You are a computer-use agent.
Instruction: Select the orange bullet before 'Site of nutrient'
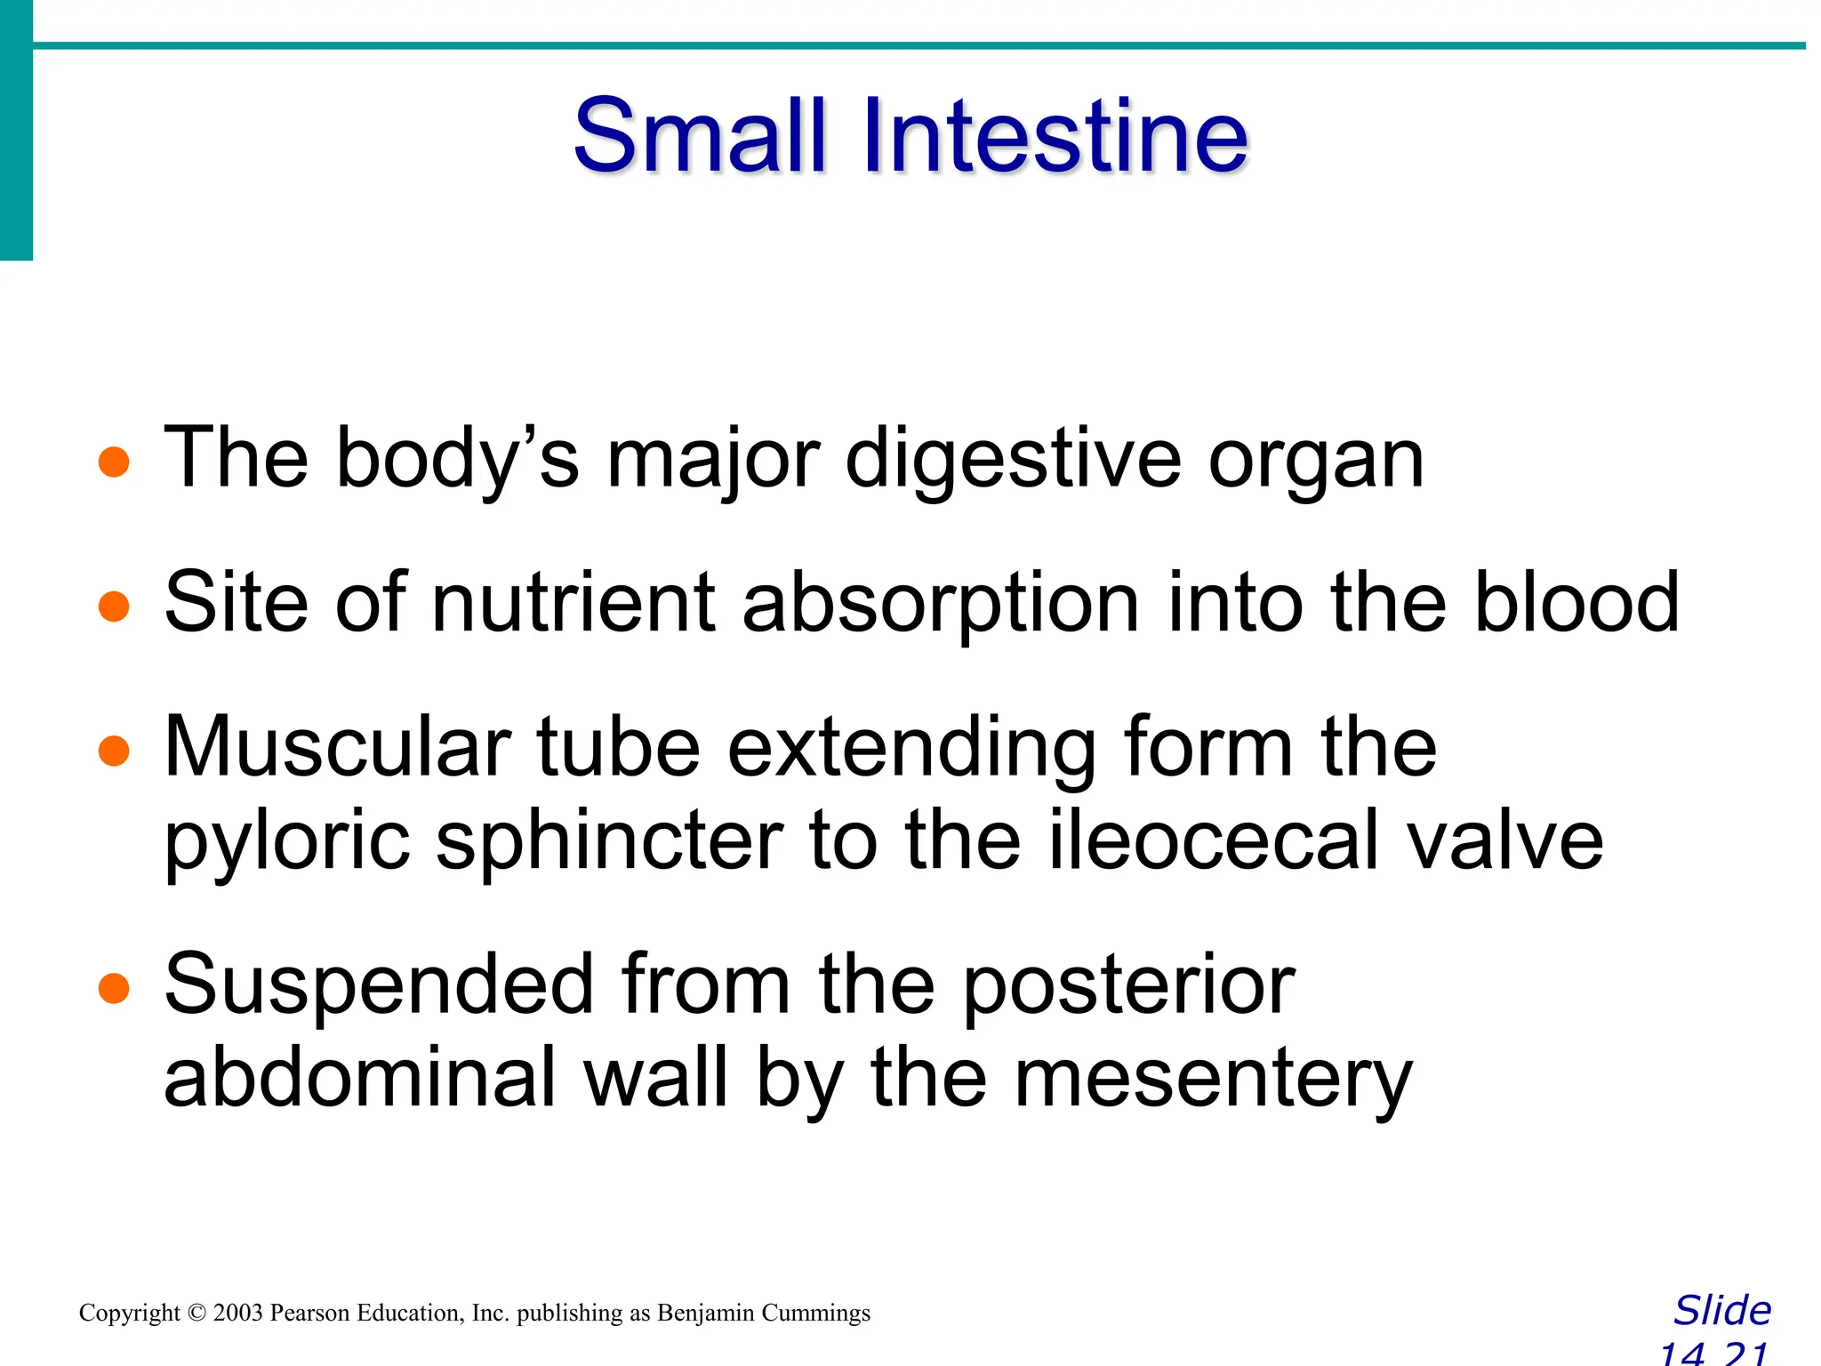pyautogui.click(x=115, y=607)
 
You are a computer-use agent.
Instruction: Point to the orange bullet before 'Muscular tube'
pyautogui.click(x=115, y=751)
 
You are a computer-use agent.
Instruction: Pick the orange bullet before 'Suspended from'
pyautogui.click(x=115, y=987)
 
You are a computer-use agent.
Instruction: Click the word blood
pyautogui.click(x=1576, y=603)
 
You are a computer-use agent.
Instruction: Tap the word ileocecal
pyautogui.click(x=1215, y=840)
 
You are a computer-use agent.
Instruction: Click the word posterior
pyautogui.click(x=1129, y=987)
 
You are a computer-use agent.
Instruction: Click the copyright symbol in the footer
pyautogui.click(x=197, y=1314)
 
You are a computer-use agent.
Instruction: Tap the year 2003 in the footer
pyautogui.click(x=237, y=1314)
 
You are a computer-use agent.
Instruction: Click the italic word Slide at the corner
pyautogui.click(x=1722, y=1311)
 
